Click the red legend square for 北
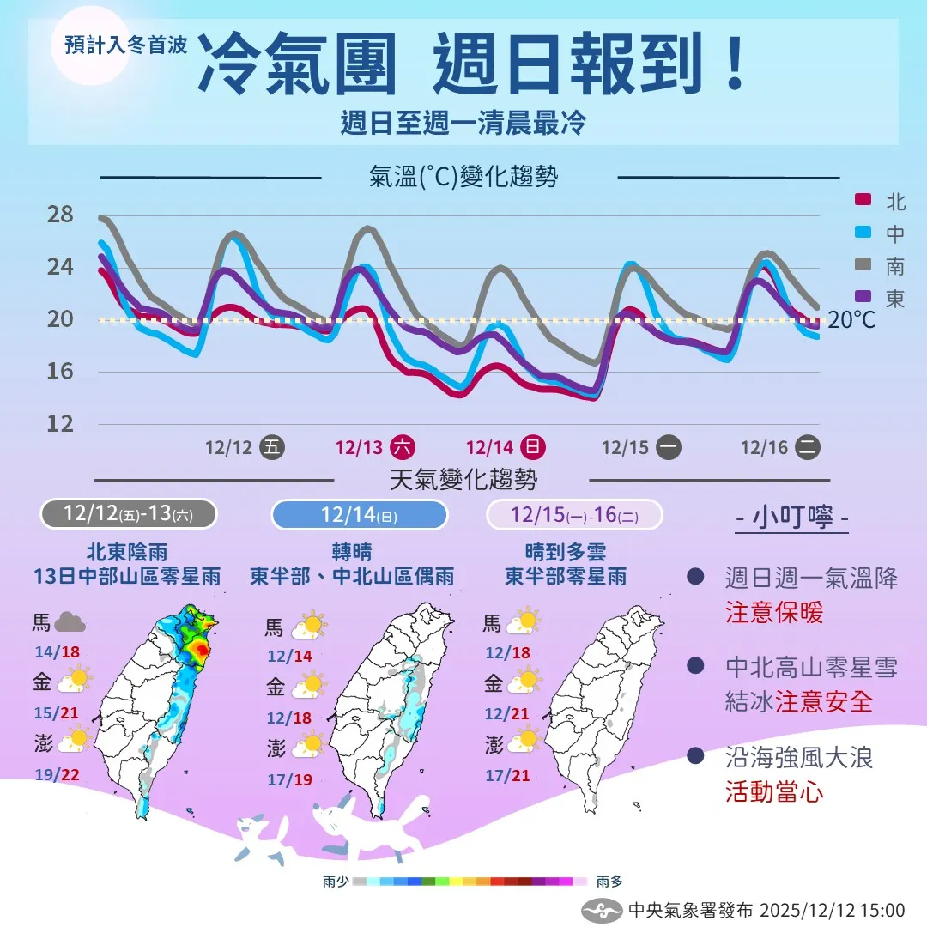pyautogui.click(x=863, y=201)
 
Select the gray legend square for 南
pyautogui.click(x=863, y=266)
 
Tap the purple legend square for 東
pyautogui.click(x=863, y=298)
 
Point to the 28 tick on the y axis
pyautogui.click(x=59, y=215)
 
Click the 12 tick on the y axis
pyautogui.click(x=59, y=423)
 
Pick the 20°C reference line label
pyautogui.click(x=852, y=320)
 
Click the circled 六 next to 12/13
pyautogui.click(x=402, y=447)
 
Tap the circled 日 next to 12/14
pyautogui.click(x=532, y=447)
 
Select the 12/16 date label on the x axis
pyautogui.click(x=764, y=447)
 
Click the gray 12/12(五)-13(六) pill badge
pyautogui.click(x=129, y=514)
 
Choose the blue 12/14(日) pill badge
pyautogui.click(x=360, y=514)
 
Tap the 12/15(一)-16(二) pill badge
pyautogui.click(x=574, y=514)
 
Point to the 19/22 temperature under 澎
pyautogui.click(x=58, y=774)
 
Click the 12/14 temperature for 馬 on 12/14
pyautogui.click(x=288, y=656)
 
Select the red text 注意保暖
pyautogui.click(x=773, y=612)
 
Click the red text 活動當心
pyautogui.click(x=773, y=791)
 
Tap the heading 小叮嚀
pyautogui.click(x=792, y=518)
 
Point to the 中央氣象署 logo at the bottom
pyautogui.click(x=600, y=910)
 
